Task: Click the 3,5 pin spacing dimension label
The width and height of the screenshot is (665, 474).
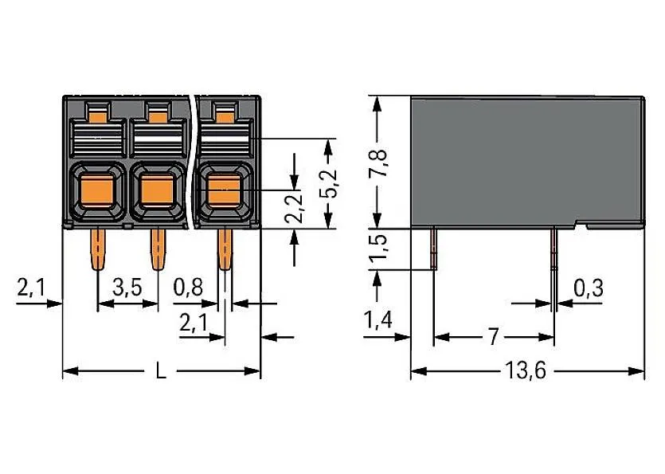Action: click(x=127, y=288)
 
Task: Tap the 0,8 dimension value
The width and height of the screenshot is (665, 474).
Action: click(x=188, y=288)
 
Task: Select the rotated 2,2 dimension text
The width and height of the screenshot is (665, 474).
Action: click(x=295, y=206)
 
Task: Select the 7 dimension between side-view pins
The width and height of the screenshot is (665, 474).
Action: click(x=493, y=337)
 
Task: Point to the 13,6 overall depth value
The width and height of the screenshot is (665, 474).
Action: click(x=527, y=372)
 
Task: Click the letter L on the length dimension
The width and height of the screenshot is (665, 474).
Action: click(x=161, y=372)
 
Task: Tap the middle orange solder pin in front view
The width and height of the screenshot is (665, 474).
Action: click(x=157, y=249)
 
